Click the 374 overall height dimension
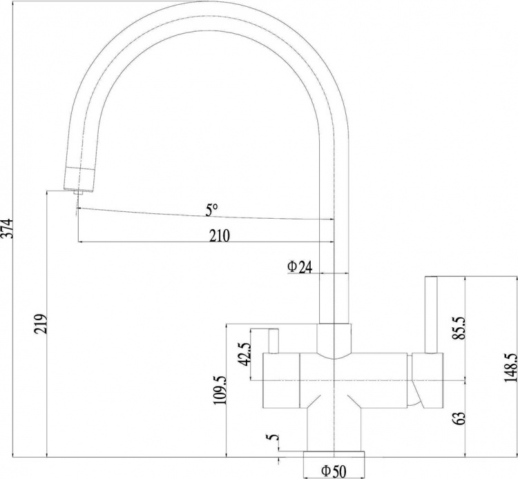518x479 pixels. pos(8,228)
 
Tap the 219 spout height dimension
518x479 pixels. pos(42,324)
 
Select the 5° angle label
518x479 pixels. pos(211,211)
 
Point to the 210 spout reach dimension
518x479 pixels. pos(220,235)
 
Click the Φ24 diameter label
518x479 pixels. pos(300,267)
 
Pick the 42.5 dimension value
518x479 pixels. pos(244,354)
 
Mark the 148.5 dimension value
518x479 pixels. pos(510,367)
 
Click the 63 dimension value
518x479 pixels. pos(460,418)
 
